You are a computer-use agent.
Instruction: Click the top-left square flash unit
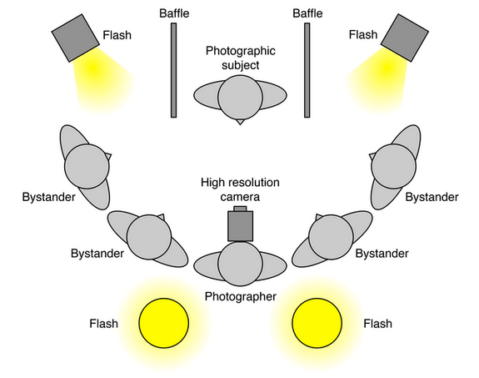point(76,38)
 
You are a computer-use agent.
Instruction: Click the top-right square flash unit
point(405,38)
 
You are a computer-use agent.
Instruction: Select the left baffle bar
point(173,70)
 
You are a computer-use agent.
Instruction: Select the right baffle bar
point(307,70)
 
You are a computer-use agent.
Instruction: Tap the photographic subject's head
point(240,97)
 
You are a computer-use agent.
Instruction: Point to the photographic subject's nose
point(240,122)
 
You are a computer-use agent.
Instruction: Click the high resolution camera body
point(241,226)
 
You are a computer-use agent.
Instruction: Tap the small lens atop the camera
point(240,209)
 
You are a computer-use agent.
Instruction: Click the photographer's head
point(240,264)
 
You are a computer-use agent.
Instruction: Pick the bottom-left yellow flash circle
point(164,323)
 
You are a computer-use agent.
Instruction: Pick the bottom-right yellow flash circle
point(317,323)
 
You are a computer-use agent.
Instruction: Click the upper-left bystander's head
point(87,166)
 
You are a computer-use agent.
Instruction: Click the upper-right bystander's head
point(393,166)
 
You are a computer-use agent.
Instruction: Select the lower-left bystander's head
point(149,237)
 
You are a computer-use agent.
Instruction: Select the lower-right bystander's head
point(331,237)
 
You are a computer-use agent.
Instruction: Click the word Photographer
point(241,296)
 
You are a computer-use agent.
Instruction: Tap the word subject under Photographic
point(241,65)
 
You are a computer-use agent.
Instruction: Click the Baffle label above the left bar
point(174,13)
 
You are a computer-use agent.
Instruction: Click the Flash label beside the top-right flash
point(363,35)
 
